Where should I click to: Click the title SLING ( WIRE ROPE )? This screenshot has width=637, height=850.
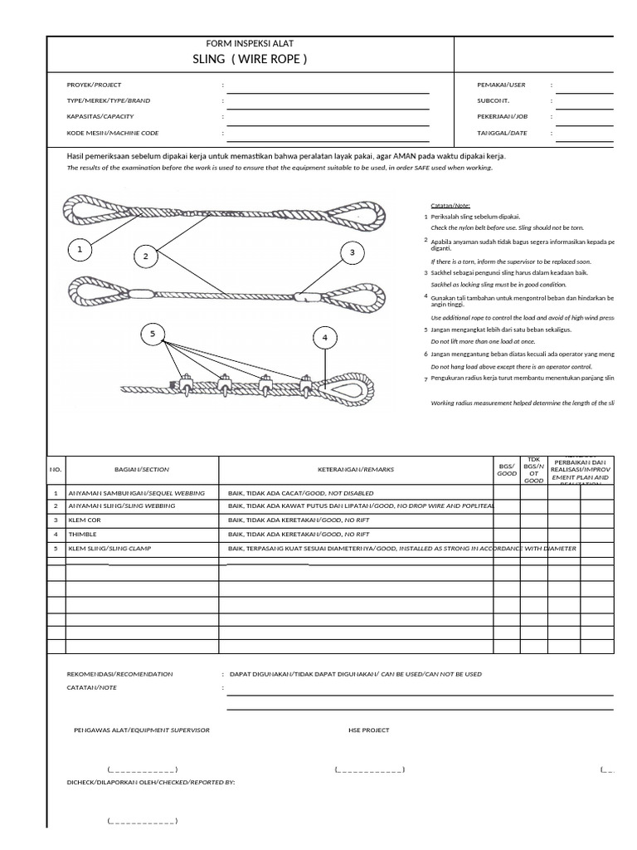click(250, 59)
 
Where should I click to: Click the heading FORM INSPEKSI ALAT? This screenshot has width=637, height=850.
click(250, 43)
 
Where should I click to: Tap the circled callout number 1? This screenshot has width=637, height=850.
click(80, 248)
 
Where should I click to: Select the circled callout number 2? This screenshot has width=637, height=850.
click(145, 256)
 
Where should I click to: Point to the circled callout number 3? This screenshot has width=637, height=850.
click(352, 252)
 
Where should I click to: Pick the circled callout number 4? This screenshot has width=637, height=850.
click(325, 338)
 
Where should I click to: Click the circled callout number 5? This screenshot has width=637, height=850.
click(153, 335)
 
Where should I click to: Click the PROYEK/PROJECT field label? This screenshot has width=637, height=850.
click(94, 85)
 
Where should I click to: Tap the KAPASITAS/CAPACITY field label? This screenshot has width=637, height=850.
click(100, 116)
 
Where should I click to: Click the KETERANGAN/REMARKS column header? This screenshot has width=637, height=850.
click(356, 469)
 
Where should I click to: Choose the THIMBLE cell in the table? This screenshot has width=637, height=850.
click(82, 535)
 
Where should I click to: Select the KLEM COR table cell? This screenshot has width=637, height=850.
click(84, 520)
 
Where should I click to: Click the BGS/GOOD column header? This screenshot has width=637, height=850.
click(506, 469)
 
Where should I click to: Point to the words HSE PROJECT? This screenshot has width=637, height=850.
click(368, 730)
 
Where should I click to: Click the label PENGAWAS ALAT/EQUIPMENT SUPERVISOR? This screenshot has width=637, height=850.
click(142, 730)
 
